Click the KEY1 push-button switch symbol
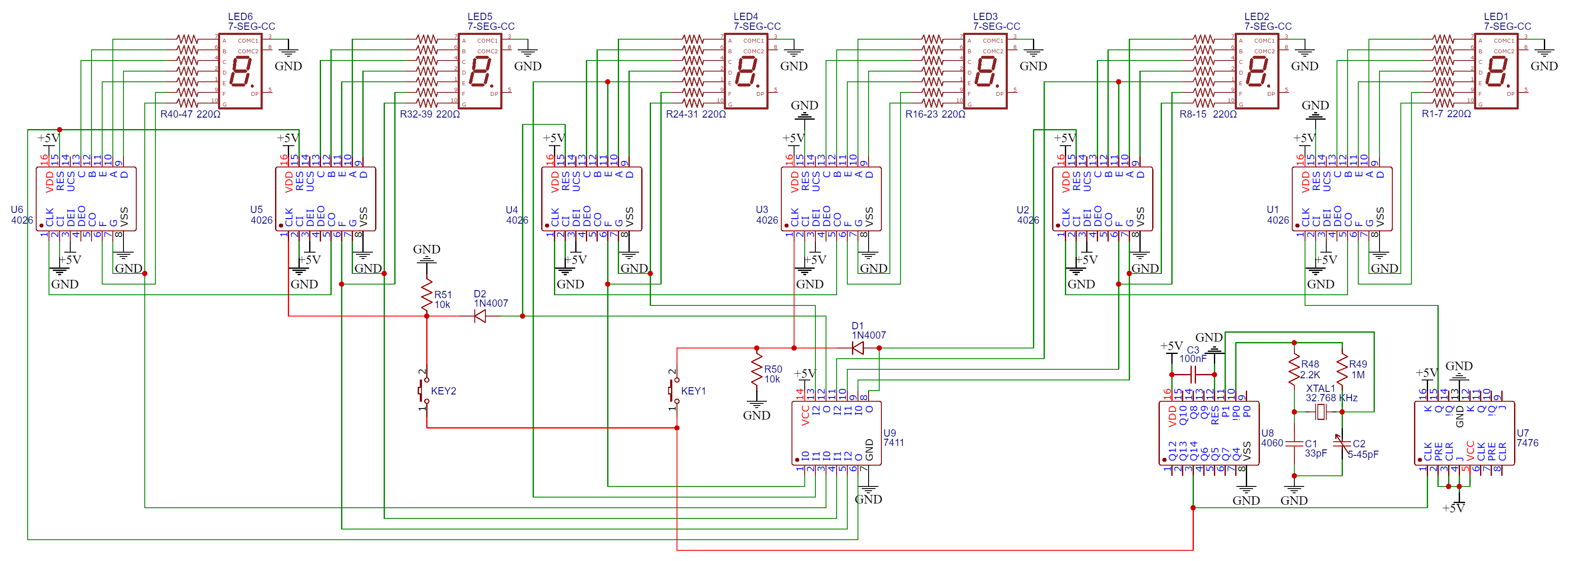pos(672,390)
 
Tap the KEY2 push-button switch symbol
pos(422,390)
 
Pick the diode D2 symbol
pos(480,316)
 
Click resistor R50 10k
pos(757,371)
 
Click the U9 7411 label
pos(893,438)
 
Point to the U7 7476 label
pos(1527,438)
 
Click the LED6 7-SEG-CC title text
pos(251,21)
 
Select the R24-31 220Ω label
pos(696,114)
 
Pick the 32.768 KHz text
pos(1331,398)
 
